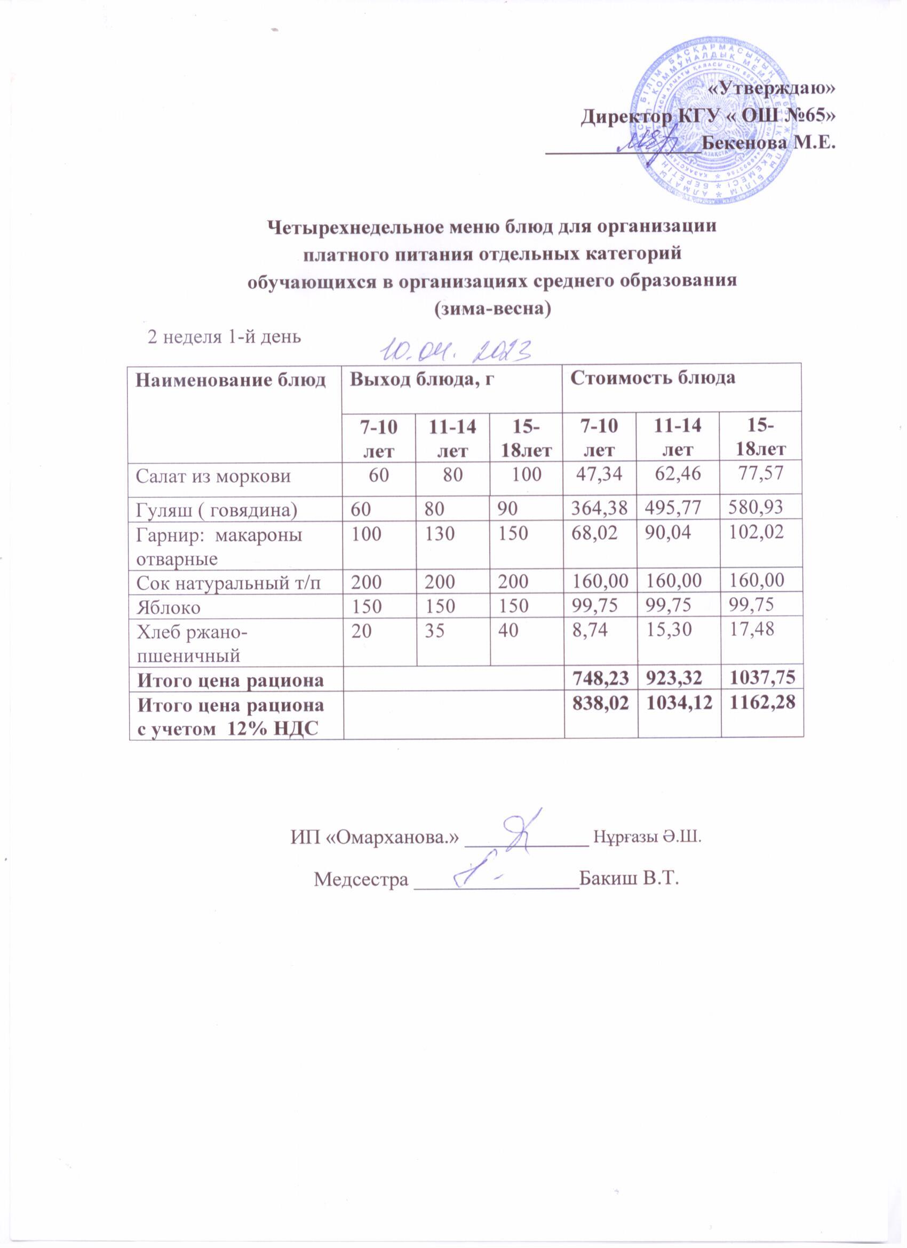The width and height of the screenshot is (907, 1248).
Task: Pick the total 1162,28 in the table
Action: tap(761, 705)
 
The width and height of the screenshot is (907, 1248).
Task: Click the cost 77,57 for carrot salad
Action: tap(761, 473)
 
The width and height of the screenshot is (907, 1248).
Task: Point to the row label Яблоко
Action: tap(168, 607)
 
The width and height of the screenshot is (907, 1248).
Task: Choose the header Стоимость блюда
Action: tap(653, 379)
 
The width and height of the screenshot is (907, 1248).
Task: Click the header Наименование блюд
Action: tap(231, 380)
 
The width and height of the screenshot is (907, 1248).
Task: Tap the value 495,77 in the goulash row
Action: tap(678, 509)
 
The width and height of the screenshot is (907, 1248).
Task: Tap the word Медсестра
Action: tap(361, 879)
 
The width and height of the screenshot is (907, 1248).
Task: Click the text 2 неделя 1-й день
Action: tap(225, 336)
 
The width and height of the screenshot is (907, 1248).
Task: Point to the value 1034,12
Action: tap(679, 705)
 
